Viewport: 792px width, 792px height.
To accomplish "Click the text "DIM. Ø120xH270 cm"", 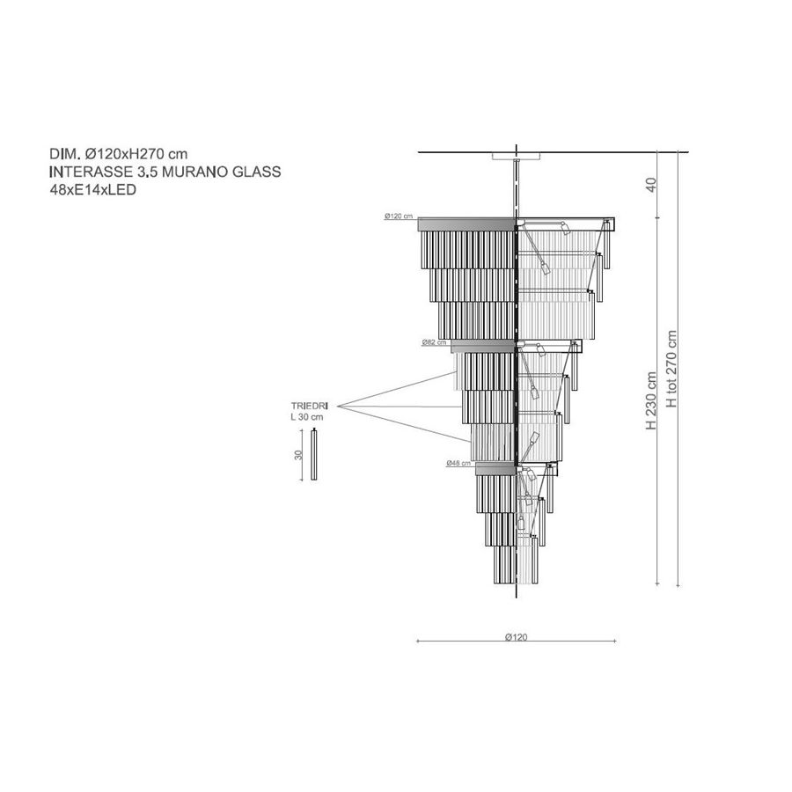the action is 118,153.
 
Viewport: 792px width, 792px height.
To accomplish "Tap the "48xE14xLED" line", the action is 93,190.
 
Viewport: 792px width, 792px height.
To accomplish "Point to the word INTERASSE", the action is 91,172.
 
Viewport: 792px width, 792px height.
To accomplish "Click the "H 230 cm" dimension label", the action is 651,401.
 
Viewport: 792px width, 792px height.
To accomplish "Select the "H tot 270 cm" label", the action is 671,370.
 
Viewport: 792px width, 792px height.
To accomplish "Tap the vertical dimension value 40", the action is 651,185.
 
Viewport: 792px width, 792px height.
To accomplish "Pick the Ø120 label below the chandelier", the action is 516,637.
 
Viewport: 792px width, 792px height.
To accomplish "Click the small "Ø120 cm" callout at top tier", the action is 399,216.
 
